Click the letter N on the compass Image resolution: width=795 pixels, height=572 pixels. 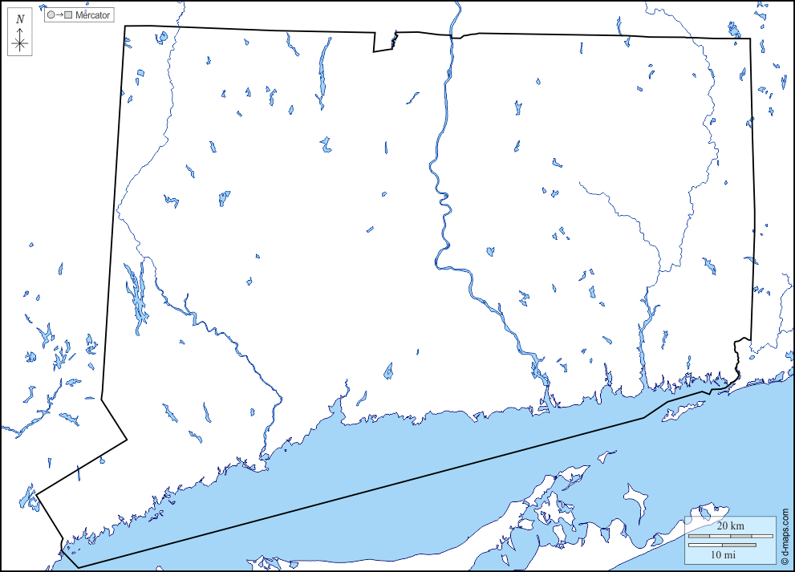[20, 18]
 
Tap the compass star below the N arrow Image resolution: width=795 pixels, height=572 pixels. [20, 43]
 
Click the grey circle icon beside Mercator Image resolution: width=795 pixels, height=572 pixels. [51, 15]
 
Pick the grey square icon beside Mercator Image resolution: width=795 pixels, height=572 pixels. [68, 15]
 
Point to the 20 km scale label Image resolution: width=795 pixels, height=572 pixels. [730, 525]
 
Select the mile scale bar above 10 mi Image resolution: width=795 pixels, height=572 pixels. [721, 545]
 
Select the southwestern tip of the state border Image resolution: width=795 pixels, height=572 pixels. [79, 567]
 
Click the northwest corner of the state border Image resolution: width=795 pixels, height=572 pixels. [124, 26]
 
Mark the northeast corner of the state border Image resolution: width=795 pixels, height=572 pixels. [751, 39]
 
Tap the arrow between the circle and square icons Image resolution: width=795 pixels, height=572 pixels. [59, 15]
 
